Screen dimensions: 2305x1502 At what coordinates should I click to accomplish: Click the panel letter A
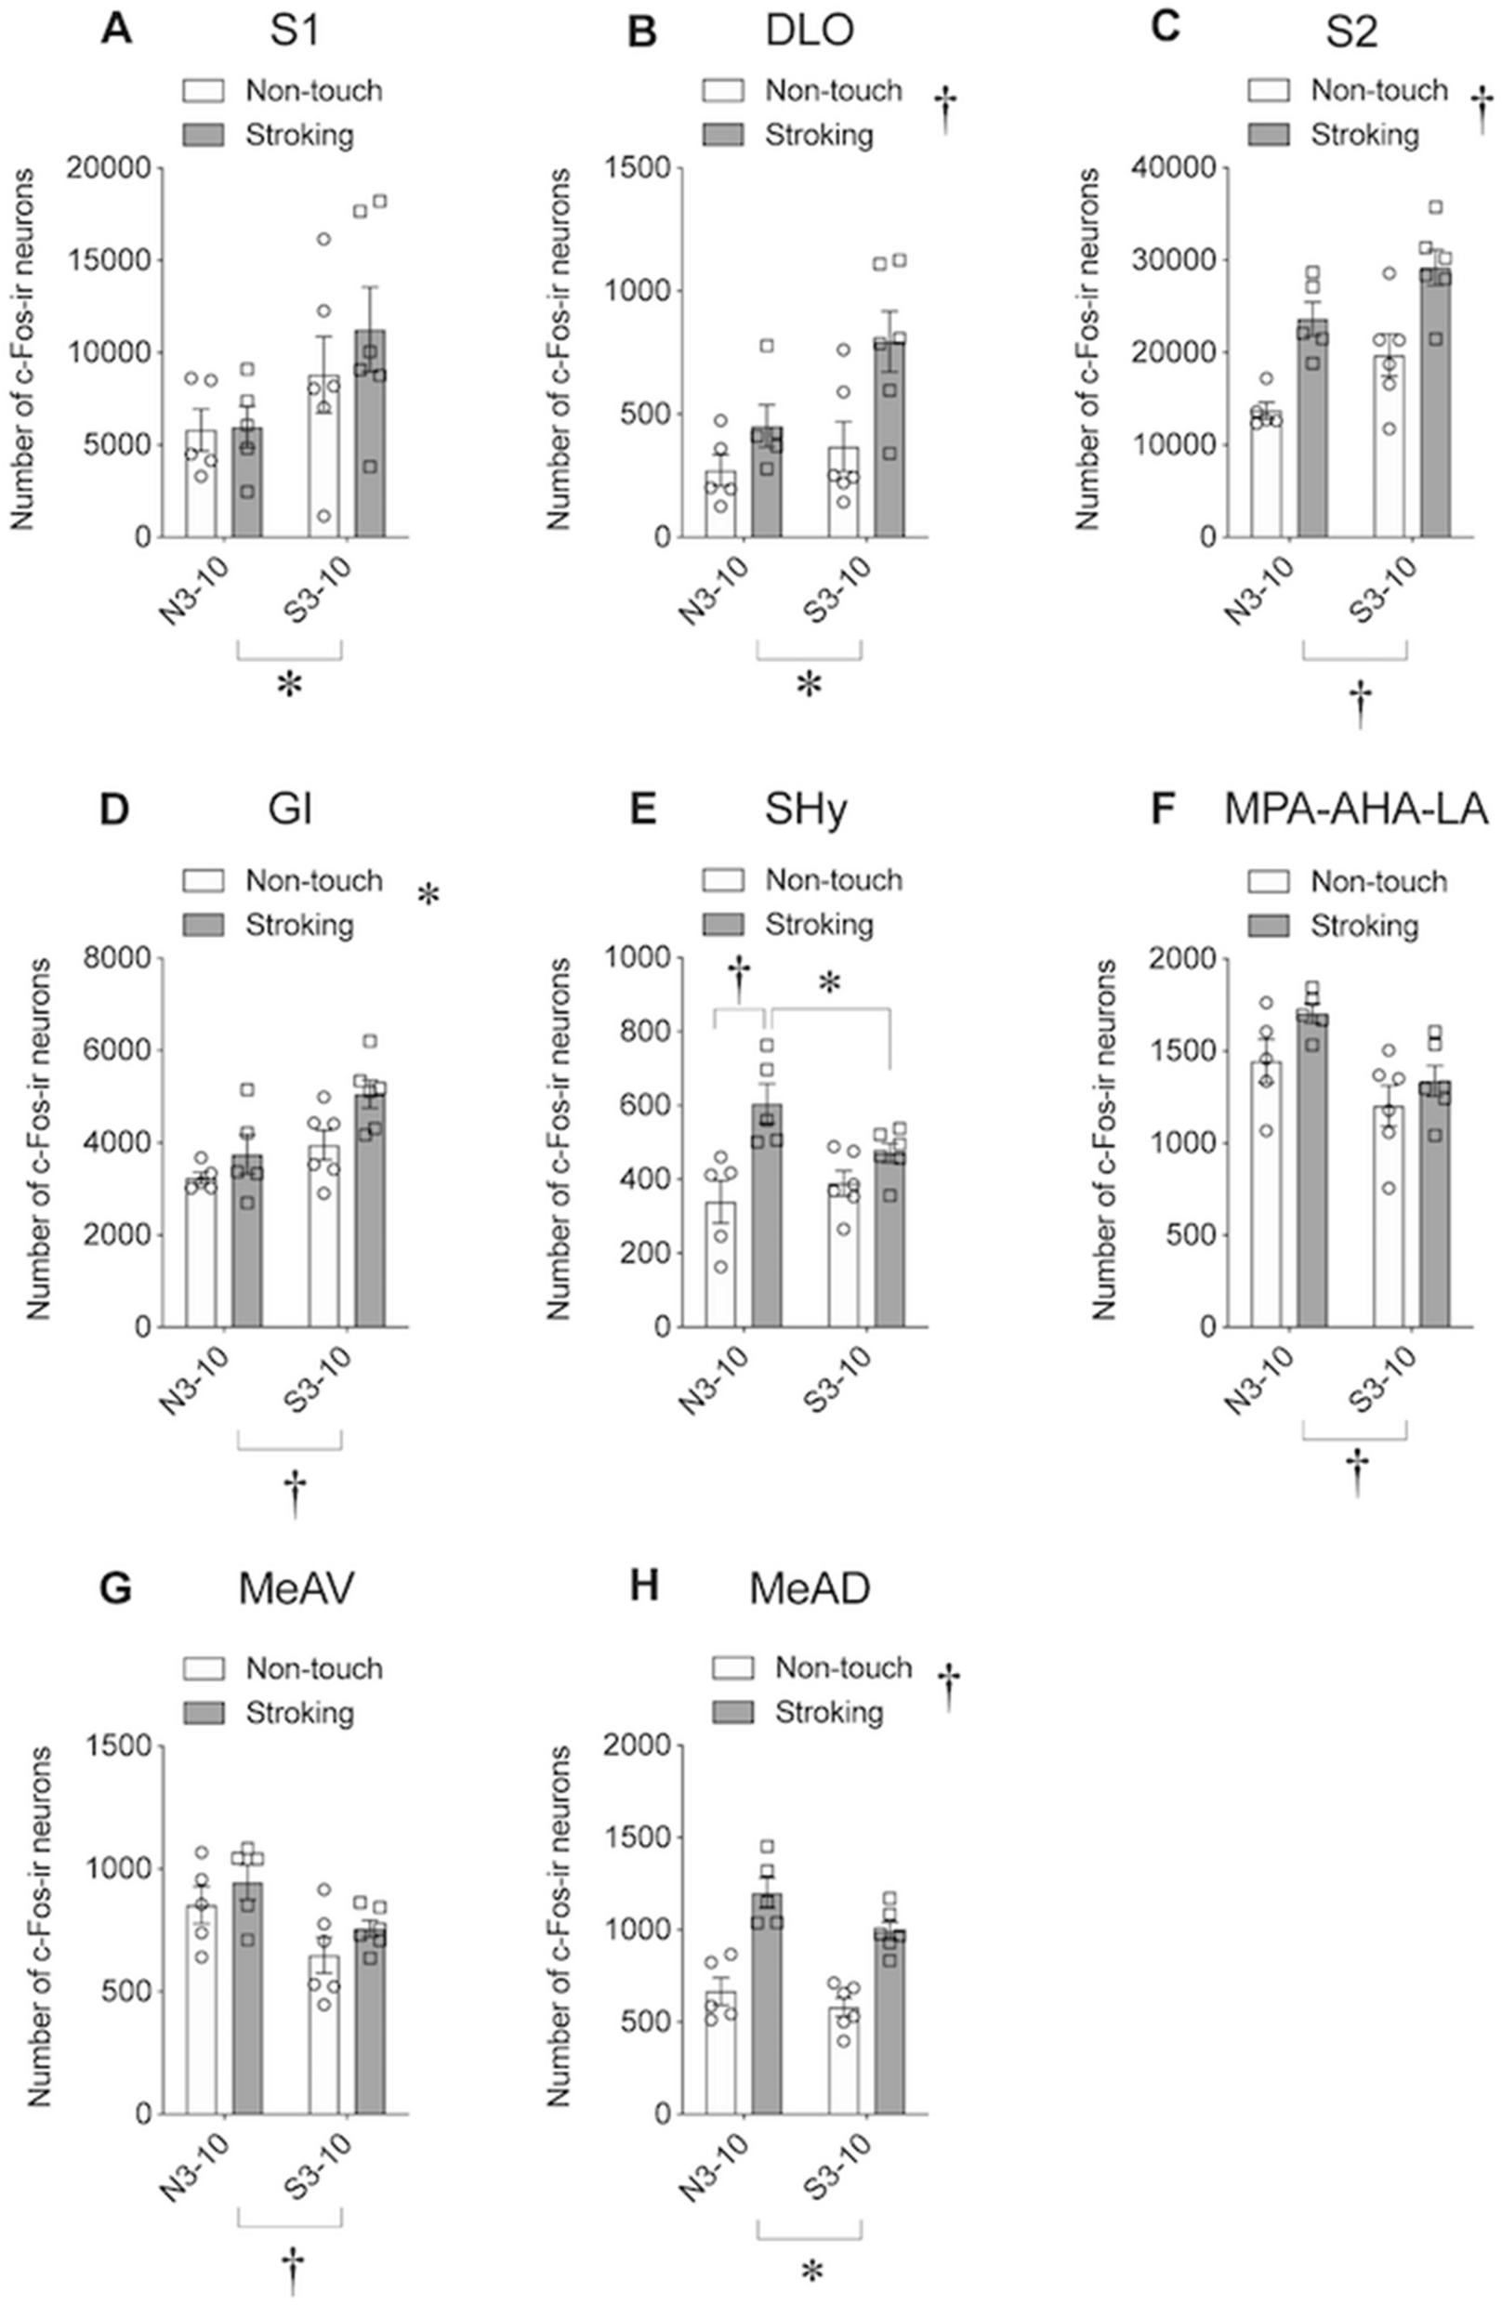click(x=116, y=31)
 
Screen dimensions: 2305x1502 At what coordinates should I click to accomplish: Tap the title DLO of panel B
click(x=809, y=31)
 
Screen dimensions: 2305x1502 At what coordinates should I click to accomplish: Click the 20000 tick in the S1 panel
click(x=110, y=168)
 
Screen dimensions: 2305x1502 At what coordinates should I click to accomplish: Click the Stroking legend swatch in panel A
click(x=204, y=134)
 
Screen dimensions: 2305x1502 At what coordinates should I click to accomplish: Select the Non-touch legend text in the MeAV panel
click(x=314, y=1668)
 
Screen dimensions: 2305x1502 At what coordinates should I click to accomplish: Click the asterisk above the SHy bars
click(x=830, y=985)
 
